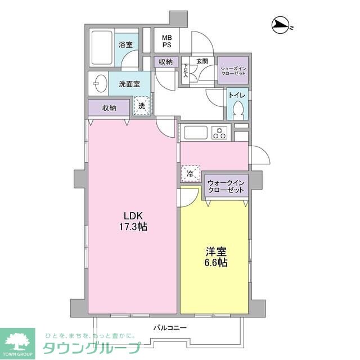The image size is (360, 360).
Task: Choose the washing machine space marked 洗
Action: (142, 105)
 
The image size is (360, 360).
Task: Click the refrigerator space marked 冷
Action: (190, 174)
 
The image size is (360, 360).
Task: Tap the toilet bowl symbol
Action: (237, 109)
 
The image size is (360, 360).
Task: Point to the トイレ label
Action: (235, 94)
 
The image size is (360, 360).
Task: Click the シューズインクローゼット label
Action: (232, 70)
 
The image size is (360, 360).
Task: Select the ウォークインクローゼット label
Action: (226, 187)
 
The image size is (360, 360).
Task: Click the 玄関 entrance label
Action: (202, 61)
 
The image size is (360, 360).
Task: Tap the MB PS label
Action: (167, 40)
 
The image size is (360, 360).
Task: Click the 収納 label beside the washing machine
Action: (109, 107)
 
